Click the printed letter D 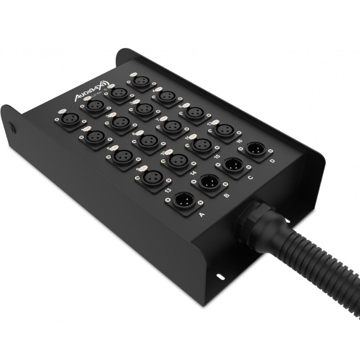tap(272, 161)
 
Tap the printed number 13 tap(168, 191)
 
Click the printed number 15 tap(217, 156)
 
